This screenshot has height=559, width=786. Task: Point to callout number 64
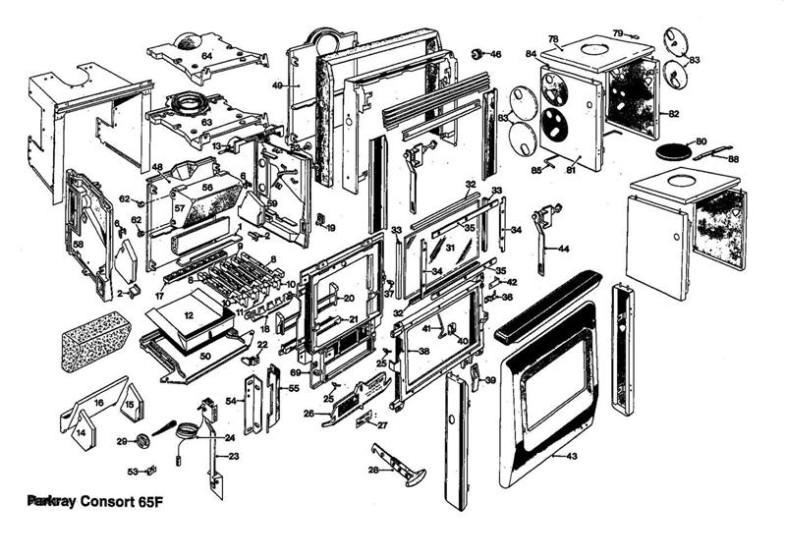[x=206, y=56]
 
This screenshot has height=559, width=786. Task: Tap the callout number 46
[x=495, y=54]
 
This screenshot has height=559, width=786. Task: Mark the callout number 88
[x=733, y=159]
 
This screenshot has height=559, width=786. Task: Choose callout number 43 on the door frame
[x=572, y=456]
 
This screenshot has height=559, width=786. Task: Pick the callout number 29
[x=122, y=441]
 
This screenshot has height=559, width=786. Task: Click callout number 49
[x=278, y=86]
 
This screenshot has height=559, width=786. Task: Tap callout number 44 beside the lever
[x=563, y=250]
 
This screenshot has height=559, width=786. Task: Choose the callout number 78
[x=553, y=40]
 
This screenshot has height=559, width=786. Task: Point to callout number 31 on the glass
[x=451, y=249]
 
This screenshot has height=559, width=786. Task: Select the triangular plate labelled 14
[x=82, y=432]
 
